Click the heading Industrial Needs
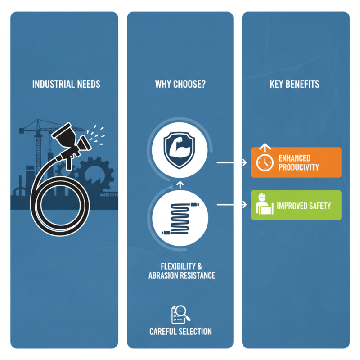(66, 84)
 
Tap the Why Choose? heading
(180, 84)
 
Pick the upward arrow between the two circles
(179, 184)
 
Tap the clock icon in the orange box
(265, 163)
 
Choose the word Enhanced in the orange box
(294, 158)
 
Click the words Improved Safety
(304, 206)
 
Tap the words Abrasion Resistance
(182, 275)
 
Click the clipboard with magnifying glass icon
(180, 314)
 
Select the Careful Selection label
(180, 332)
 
